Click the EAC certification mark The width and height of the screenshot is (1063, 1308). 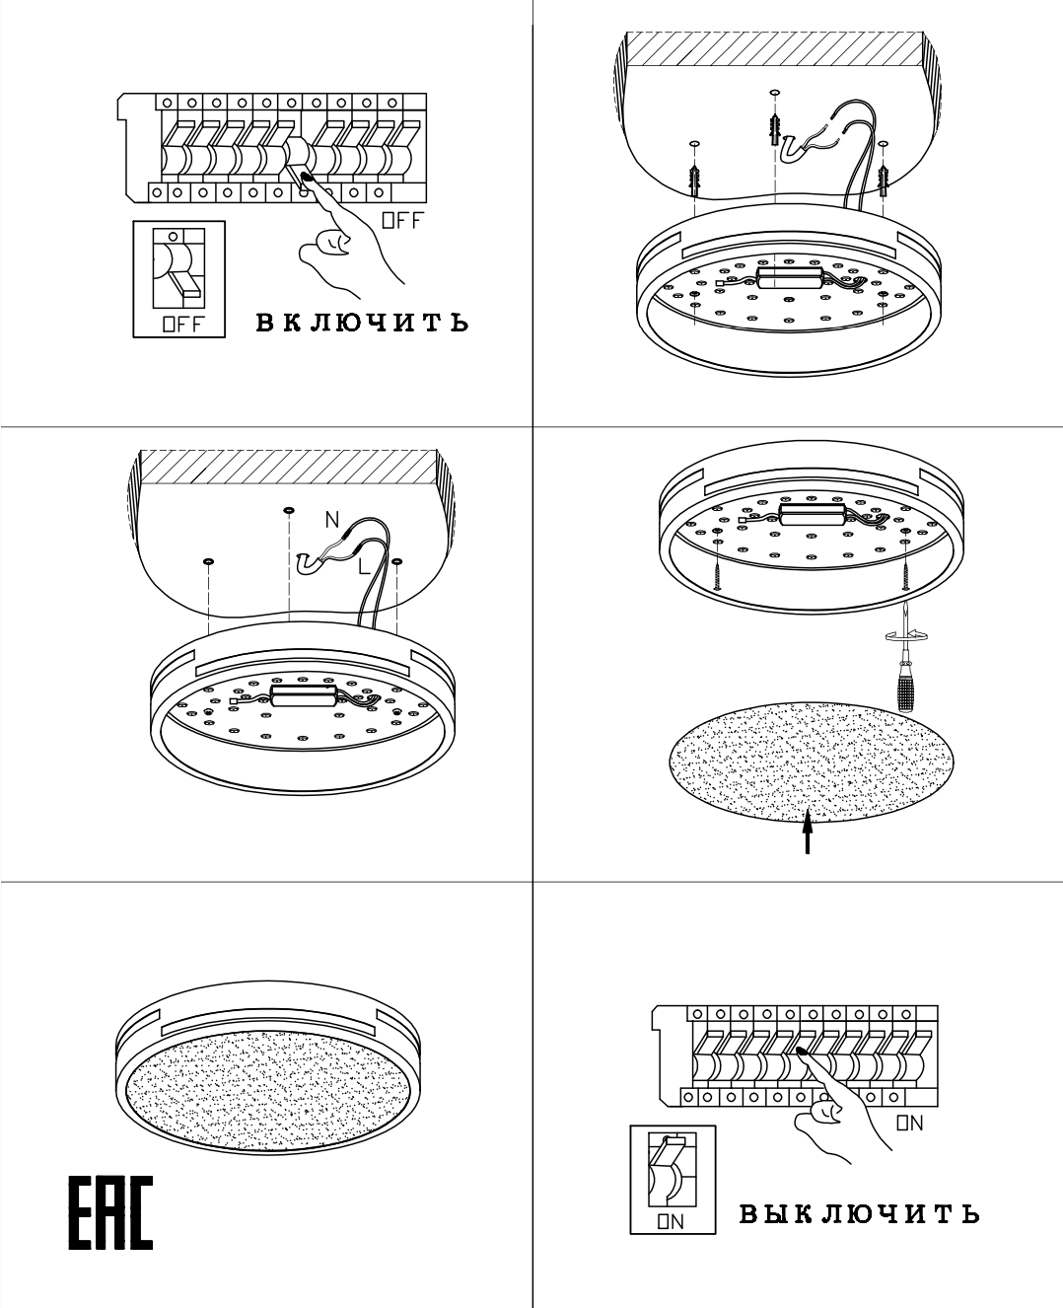110,1213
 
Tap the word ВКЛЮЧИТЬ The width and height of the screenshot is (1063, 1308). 362,323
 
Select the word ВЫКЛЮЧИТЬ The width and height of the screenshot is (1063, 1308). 859,1213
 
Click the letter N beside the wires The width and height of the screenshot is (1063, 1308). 332,520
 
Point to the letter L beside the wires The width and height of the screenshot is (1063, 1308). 365,566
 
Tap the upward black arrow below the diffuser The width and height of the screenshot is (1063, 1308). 808,831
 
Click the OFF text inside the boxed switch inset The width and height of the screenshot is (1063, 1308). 182,325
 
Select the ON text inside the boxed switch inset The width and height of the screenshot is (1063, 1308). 671,1221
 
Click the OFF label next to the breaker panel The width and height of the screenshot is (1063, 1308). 402,220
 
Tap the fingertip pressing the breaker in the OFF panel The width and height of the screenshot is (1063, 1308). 307,179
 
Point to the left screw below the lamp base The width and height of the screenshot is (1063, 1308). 717,566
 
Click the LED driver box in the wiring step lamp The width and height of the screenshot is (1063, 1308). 304,696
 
